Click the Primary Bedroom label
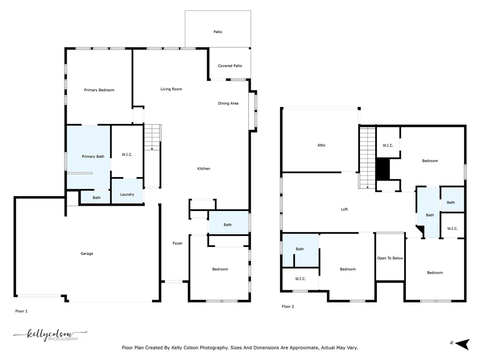point(99,90)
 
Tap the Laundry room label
point(127,195)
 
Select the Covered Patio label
point(230,66)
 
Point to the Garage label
point(87,253)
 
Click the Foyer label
point(178,243)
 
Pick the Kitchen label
point(204,169)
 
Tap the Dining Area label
point(228,104)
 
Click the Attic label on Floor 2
point(321,146)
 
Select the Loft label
point(344,209)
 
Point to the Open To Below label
point(390,258)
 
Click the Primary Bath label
point(93,156)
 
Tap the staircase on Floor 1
point(152,156)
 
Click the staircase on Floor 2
point(367,158)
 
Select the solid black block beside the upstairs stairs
point(383,169)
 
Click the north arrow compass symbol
point(462,344)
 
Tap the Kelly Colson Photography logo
point(51,335)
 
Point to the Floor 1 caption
point(21,311)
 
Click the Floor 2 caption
point(288,306)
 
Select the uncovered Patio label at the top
point(217,32)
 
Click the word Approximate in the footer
point(302,348)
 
